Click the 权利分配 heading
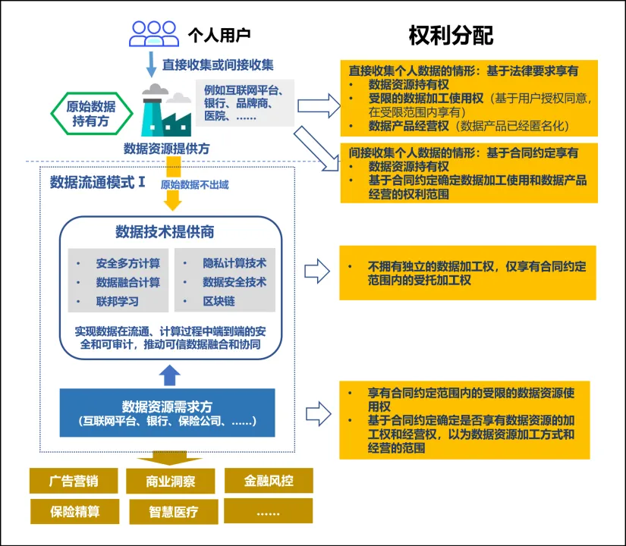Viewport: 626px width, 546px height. coord(451,34)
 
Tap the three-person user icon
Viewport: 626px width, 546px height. coord(154,33)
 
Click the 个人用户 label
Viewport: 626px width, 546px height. coord(219,34)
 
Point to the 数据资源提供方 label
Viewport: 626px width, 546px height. coord(167,148)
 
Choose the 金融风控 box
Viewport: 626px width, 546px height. coord(269,481)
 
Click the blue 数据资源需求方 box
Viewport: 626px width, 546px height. coord(167,413)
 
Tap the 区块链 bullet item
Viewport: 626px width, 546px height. coord(219,301)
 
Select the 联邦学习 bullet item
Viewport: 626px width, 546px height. coord(117,301)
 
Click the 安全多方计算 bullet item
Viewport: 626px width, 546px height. coord(127,264)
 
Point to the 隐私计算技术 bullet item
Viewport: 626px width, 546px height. coord(234,264)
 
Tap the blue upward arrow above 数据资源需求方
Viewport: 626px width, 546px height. coord(171,373)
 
